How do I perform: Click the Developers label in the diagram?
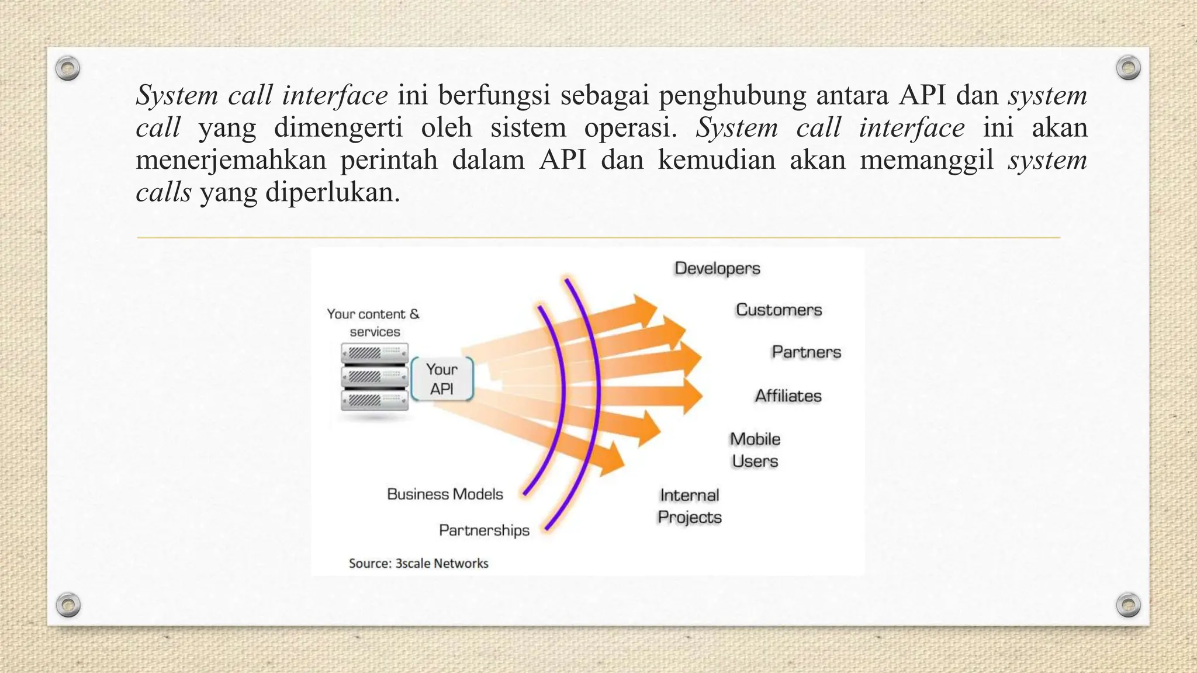(717, 268)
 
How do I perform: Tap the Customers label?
(779, 310)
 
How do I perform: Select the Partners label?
(806, 352)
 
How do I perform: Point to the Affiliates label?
(788, 396)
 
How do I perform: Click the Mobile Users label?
(755, 450)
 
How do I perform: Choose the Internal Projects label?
(690, 506)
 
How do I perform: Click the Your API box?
(442, 379)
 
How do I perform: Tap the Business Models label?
(445, 494)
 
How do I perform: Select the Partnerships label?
(484, 530)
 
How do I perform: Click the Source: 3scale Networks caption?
(418, 563)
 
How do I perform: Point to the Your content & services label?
(373, 322)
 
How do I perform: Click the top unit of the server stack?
(375, 353)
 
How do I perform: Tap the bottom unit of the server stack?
(375, 400)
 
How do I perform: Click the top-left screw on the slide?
(68, 69)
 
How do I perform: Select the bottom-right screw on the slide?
(1128, 605)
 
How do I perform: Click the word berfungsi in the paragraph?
(494, 95)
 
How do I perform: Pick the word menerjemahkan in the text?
(231, 159)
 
